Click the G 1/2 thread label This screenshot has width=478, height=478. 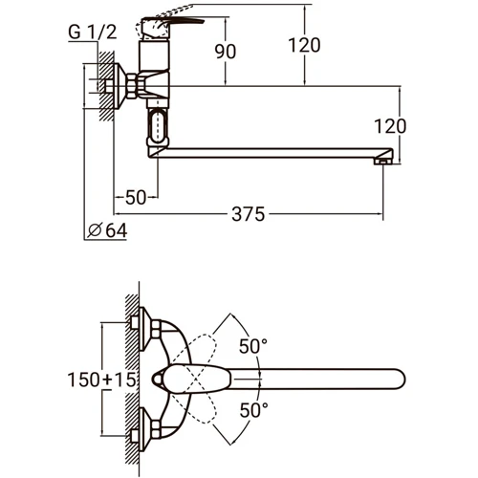click(93, 32)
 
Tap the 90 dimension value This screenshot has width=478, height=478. click(226, 52)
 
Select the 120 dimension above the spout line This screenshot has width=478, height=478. click(304, 45)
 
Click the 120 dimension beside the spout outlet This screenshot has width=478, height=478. click(390, 126)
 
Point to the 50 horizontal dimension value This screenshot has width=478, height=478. click(136, 197)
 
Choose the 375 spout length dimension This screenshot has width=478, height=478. click(249, 214)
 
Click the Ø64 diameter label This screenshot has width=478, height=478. click(107, 230)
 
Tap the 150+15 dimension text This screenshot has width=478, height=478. click(102, 380)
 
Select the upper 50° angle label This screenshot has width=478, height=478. click(253, 346)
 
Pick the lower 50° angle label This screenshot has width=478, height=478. click(253, 410)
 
